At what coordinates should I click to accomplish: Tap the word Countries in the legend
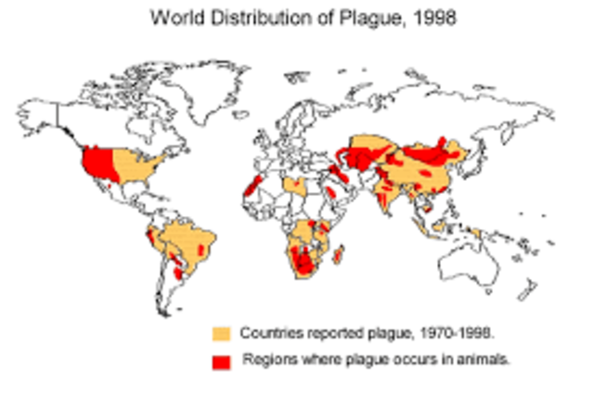268,332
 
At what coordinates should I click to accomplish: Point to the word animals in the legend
484,360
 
